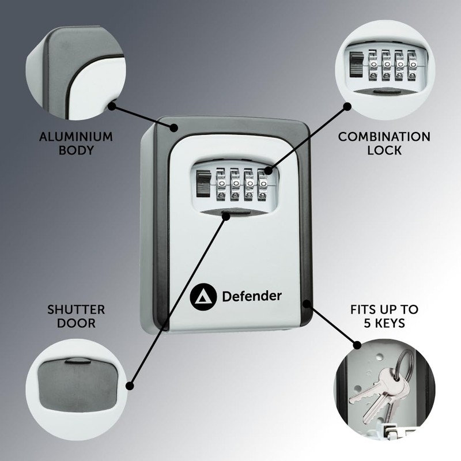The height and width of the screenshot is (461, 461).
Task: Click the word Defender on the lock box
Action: tap(252, 296)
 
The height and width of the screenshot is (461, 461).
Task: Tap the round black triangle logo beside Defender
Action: tap(201, 296)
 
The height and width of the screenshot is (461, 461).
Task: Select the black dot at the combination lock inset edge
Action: tap(347, 106)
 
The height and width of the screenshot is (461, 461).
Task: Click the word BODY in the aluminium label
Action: tap(75, 151)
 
